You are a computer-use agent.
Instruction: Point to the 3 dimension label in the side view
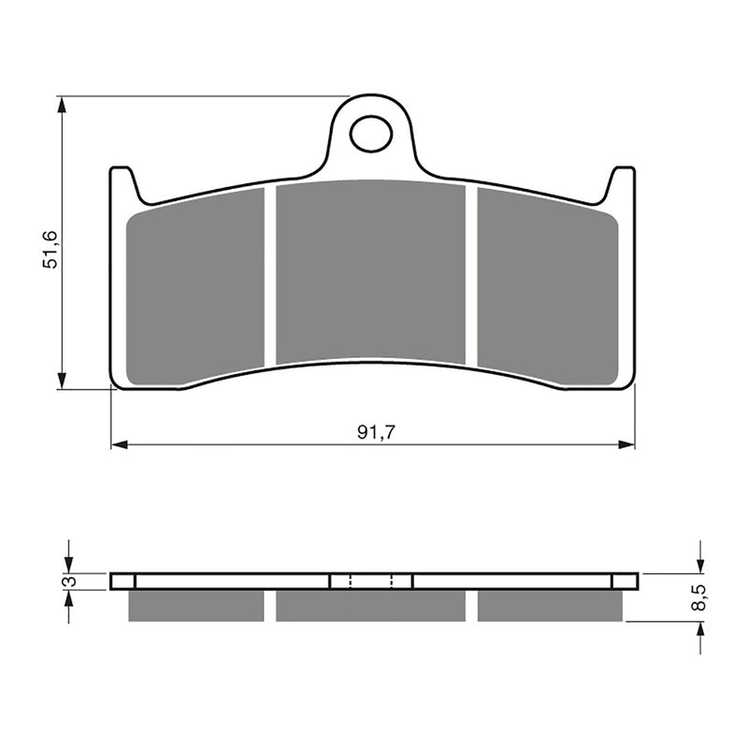tap(66, 582)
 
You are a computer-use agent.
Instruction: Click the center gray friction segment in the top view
tap(371, 273)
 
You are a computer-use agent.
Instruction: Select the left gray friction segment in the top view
tap(197, 285)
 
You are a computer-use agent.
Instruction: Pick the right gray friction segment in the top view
tap(547, 285)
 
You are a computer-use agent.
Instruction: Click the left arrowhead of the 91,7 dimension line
tap(118, 445)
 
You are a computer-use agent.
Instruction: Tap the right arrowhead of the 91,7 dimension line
tap(628, 445)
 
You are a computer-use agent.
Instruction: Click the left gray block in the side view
tap(196, 606)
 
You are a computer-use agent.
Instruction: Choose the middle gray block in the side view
tap(371, 606)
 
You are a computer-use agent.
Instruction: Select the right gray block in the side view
tap(549, 606)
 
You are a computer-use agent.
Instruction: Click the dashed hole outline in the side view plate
tap(371, 581)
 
